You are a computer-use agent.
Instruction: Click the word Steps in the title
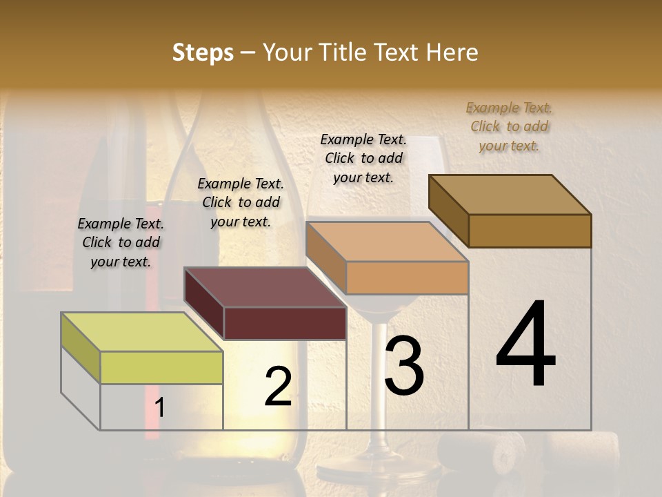(202, 52)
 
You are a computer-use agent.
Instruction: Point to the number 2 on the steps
(278, 387)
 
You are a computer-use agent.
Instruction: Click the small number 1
(160, 408)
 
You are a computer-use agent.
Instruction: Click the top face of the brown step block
(510, 194)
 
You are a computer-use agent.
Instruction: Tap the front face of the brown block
(530, 231)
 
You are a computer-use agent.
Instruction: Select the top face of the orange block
(387, 242)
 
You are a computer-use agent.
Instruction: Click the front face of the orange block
(407, 278)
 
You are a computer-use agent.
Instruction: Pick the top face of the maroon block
(265, 286)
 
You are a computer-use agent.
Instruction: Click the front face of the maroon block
(285, 323)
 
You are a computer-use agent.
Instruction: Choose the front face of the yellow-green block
(161, 367)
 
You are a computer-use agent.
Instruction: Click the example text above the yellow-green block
(121, 242)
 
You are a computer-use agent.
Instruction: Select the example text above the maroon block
(240, 202)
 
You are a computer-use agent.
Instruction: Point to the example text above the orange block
(363, 158)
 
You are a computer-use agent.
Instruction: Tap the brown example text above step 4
(509, 126)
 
